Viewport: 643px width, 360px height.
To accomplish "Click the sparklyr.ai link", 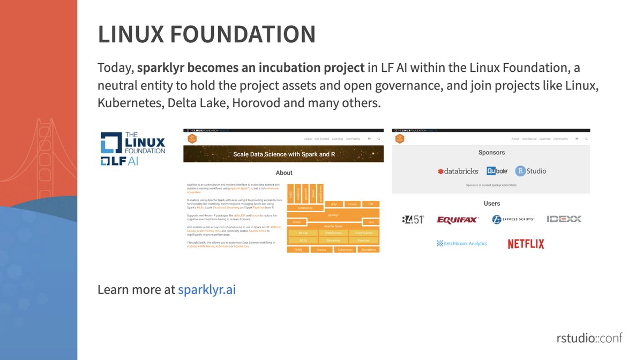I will [x=207, y=290].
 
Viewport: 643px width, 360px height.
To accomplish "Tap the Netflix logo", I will [x=526, y=244].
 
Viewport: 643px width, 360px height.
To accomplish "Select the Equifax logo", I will [x=458, y=220].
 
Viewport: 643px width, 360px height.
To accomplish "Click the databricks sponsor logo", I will [x=458, y=171].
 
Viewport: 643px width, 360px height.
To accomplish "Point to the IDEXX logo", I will [x=564, y=219].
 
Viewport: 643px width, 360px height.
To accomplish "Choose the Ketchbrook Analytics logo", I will [x=462, y=243].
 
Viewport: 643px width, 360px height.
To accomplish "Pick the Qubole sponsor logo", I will [x=497, y=171].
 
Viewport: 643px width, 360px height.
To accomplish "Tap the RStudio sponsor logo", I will [x=530, y=171].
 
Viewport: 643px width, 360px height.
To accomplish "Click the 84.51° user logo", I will [x=413, y=220].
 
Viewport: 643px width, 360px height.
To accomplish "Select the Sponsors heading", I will [x=491, y=153].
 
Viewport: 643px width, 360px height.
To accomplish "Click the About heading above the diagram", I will [x=284, y=173].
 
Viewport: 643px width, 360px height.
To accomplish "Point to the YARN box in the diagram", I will [x=298, y=250].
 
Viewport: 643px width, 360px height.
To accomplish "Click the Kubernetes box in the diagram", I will [x=345, y=250].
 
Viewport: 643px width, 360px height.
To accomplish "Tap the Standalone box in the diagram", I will [x=369, y=250].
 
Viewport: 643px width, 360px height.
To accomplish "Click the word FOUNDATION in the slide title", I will [x=243, y=35].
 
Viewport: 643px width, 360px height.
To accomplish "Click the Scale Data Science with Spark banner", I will [x=283, y=154].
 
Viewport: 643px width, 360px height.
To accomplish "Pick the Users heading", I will [x=491, y=204].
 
